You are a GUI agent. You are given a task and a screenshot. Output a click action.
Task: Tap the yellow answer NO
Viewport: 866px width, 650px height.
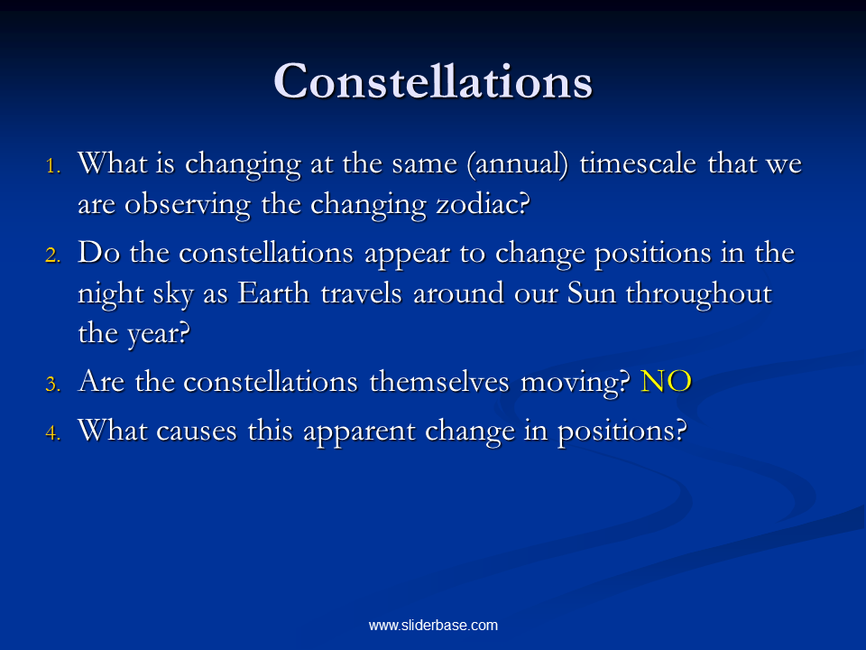pos(666,381)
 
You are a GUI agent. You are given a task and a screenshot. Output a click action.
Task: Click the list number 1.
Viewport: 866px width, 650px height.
pos(53,165)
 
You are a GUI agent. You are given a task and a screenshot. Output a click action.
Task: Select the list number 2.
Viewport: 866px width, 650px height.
pos(53,255)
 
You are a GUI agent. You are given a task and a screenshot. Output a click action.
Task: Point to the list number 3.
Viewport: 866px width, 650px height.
pos(53,384)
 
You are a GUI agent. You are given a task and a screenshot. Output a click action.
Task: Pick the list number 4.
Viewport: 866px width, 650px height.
pos(53,432)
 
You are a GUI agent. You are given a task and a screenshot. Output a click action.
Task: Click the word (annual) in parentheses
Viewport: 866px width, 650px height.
pos(518,164)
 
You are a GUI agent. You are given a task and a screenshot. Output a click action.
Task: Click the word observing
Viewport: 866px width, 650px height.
pos(188,206)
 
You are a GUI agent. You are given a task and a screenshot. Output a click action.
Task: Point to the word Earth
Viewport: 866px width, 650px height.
pos(273,292)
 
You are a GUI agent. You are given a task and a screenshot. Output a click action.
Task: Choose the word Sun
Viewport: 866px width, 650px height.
pos(592,292)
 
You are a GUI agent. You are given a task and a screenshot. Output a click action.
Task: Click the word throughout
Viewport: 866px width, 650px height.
pos(698,294)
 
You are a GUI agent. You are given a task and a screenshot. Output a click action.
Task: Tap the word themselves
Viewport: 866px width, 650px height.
pos(439,381)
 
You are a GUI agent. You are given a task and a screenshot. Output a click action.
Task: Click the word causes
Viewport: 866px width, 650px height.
pos(197,432)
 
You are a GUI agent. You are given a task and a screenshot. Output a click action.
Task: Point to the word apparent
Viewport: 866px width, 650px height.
pos(359,432)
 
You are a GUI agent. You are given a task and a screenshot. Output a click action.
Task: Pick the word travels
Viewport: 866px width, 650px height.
pos(361,292)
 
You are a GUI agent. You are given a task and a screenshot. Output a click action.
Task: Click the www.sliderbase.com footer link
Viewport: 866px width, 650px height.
pos(433,625)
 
